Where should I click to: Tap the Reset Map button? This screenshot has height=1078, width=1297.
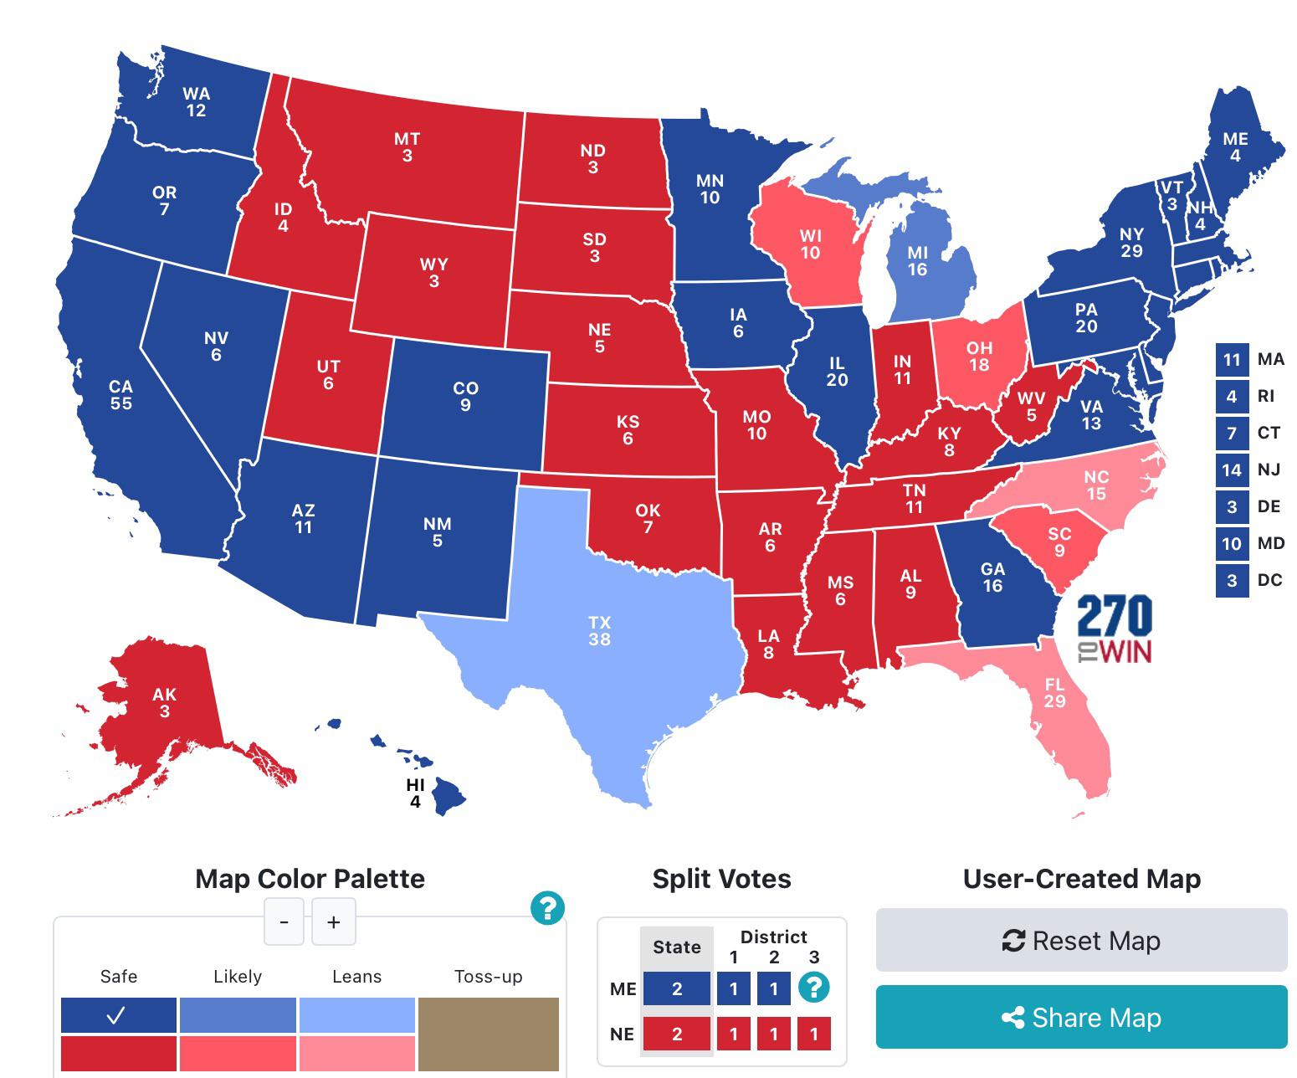point(1081,941)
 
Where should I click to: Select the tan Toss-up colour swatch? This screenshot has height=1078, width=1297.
point(488,1034)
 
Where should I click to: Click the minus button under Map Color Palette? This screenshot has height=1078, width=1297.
point(285,921)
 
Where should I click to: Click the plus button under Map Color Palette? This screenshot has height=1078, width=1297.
point(334,921)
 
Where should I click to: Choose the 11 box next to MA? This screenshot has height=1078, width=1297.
point(1231,360)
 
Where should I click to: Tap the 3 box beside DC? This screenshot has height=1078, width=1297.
point(1231,580)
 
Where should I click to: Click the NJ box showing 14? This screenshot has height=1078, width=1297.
point(1231,470)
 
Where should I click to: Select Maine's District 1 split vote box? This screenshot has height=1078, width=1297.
point(734,989)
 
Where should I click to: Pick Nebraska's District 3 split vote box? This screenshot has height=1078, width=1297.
point(814,1034)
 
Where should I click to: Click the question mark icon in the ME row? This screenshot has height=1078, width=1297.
point(814,988)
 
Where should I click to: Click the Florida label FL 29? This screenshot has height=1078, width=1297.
point(1054,693)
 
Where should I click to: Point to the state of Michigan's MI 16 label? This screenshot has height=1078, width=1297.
point(917,261)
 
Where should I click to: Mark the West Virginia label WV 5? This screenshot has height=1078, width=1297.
point(1031,407)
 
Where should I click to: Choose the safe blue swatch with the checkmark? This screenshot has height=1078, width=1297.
point(118,1015)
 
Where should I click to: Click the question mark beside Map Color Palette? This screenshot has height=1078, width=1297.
point(547,907)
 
